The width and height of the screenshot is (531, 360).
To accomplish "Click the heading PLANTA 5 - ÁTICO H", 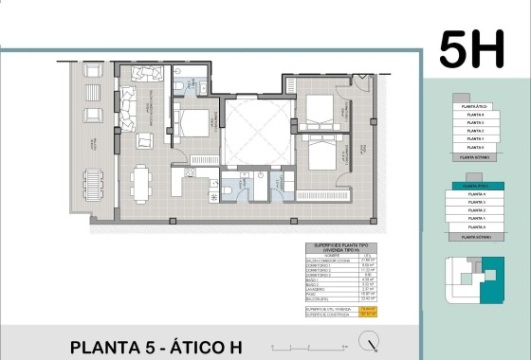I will pos(156,347).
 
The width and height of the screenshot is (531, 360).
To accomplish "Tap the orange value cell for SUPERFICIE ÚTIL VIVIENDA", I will pos(369,308).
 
